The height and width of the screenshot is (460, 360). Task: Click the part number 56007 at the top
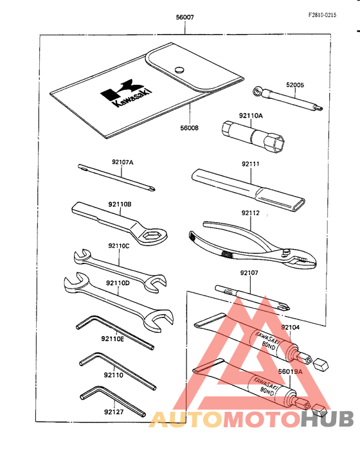click(184, 17)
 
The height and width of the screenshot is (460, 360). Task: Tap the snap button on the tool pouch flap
click(179, 70)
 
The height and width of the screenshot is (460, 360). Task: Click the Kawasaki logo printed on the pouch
click(126, 94)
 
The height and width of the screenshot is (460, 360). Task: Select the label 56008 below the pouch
click(189, 128)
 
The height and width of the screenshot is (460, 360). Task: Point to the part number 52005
click(295, 85)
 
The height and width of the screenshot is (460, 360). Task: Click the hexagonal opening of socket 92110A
click(275, 144)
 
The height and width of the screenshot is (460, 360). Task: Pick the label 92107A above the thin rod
click(122, 162)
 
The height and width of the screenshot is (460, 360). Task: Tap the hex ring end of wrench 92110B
click(152, 235)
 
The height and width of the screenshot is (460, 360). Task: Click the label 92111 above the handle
click(251, 164)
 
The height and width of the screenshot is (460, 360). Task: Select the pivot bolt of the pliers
click(285, 252)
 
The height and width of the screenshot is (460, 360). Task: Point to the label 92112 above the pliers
click(251, 213)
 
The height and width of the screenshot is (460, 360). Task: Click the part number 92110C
click(119, 246)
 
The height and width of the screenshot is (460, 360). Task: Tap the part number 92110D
click(118, 283)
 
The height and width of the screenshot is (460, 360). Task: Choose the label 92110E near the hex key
click(113, 339)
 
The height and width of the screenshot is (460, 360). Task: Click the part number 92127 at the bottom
click(114, 412)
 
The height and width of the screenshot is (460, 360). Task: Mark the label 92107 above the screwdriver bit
click(249, 273)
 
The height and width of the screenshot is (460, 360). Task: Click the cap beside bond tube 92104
click(320, 364)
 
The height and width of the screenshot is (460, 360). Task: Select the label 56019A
click(290, 372)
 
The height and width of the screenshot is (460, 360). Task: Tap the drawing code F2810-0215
click(322, 15)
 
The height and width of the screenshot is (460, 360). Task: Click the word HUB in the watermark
click(327, 419)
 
